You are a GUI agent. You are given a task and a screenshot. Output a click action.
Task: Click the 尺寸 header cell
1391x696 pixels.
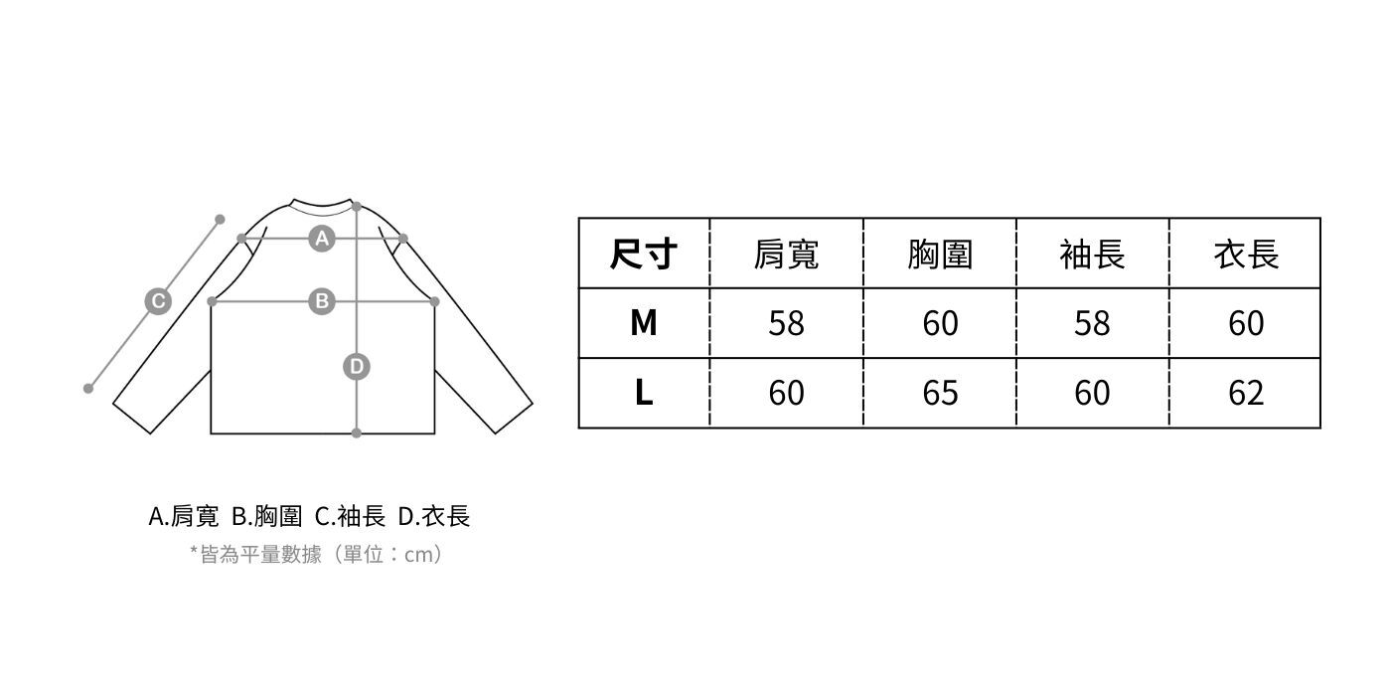click(644, 255)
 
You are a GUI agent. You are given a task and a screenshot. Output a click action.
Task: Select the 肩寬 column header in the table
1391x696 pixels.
click(786, 255)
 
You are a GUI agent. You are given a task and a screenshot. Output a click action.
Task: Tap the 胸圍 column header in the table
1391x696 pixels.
click(940, 255)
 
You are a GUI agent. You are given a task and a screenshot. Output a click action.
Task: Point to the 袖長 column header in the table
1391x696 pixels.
click(1092, 255)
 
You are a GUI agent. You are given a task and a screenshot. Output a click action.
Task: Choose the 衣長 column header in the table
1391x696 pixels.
click(1246, 255)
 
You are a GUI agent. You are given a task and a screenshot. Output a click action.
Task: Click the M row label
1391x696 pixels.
click(644, 323)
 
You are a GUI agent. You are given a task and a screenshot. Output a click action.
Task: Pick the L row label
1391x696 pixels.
click(644, 393)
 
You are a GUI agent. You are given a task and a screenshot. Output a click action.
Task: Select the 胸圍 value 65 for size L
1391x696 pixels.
click(940, 393)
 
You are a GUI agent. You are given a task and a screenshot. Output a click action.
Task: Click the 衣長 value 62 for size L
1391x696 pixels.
click(1246, 393)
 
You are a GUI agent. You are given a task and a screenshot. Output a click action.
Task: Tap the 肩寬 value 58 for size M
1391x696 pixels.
click(786, 323)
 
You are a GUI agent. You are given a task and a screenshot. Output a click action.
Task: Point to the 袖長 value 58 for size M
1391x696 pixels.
click(1092, 323)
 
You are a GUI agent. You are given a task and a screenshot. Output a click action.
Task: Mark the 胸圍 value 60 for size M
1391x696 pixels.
click(940, 323)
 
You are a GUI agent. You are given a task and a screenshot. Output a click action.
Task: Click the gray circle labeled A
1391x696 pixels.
click(321, 238)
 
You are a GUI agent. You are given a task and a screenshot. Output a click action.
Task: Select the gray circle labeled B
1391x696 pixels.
click(321, 300)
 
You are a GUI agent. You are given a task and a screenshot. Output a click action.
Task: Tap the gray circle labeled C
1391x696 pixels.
click(157, 301)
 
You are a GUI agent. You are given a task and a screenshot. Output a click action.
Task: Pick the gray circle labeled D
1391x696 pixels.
click(356, 367)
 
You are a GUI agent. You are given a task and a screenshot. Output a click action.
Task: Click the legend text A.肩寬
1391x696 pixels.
click(183, 517)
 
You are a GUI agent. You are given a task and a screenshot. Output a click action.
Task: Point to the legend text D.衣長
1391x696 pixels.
click(434, 517)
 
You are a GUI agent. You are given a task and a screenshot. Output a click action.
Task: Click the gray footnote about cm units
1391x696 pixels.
click(316, 555)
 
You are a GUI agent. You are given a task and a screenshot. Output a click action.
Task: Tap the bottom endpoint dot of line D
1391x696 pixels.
click(357, 433)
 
